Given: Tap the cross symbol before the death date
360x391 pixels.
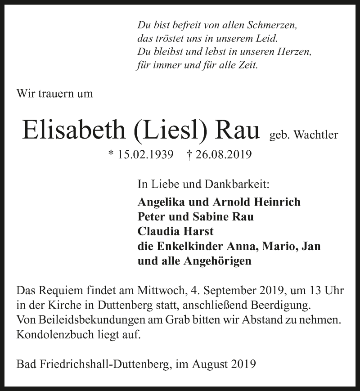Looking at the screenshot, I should pos(189,154).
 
